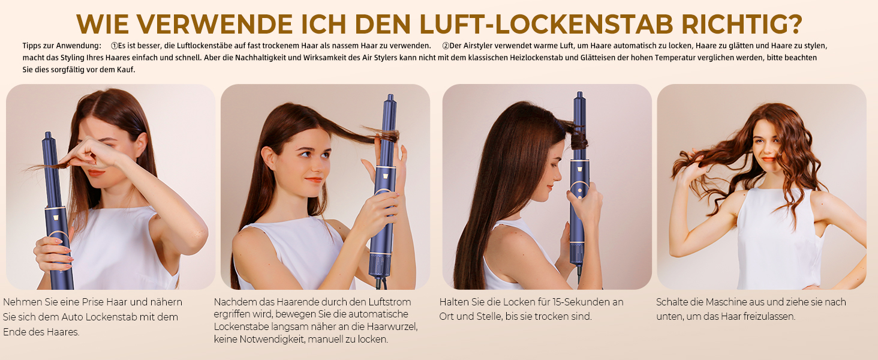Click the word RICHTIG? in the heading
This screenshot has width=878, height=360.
click(742, 24)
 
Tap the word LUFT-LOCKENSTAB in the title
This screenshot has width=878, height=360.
click(546, 24)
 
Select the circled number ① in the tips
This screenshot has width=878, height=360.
click(115, 46)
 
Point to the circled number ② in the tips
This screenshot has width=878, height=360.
click(446, 46)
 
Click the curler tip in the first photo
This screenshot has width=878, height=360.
click(48, 135)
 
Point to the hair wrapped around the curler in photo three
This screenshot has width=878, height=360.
click(578, 137)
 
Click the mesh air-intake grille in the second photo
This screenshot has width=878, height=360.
click(380, 266)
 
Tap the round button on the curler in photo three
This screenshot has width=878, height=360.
click(579, 191)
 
